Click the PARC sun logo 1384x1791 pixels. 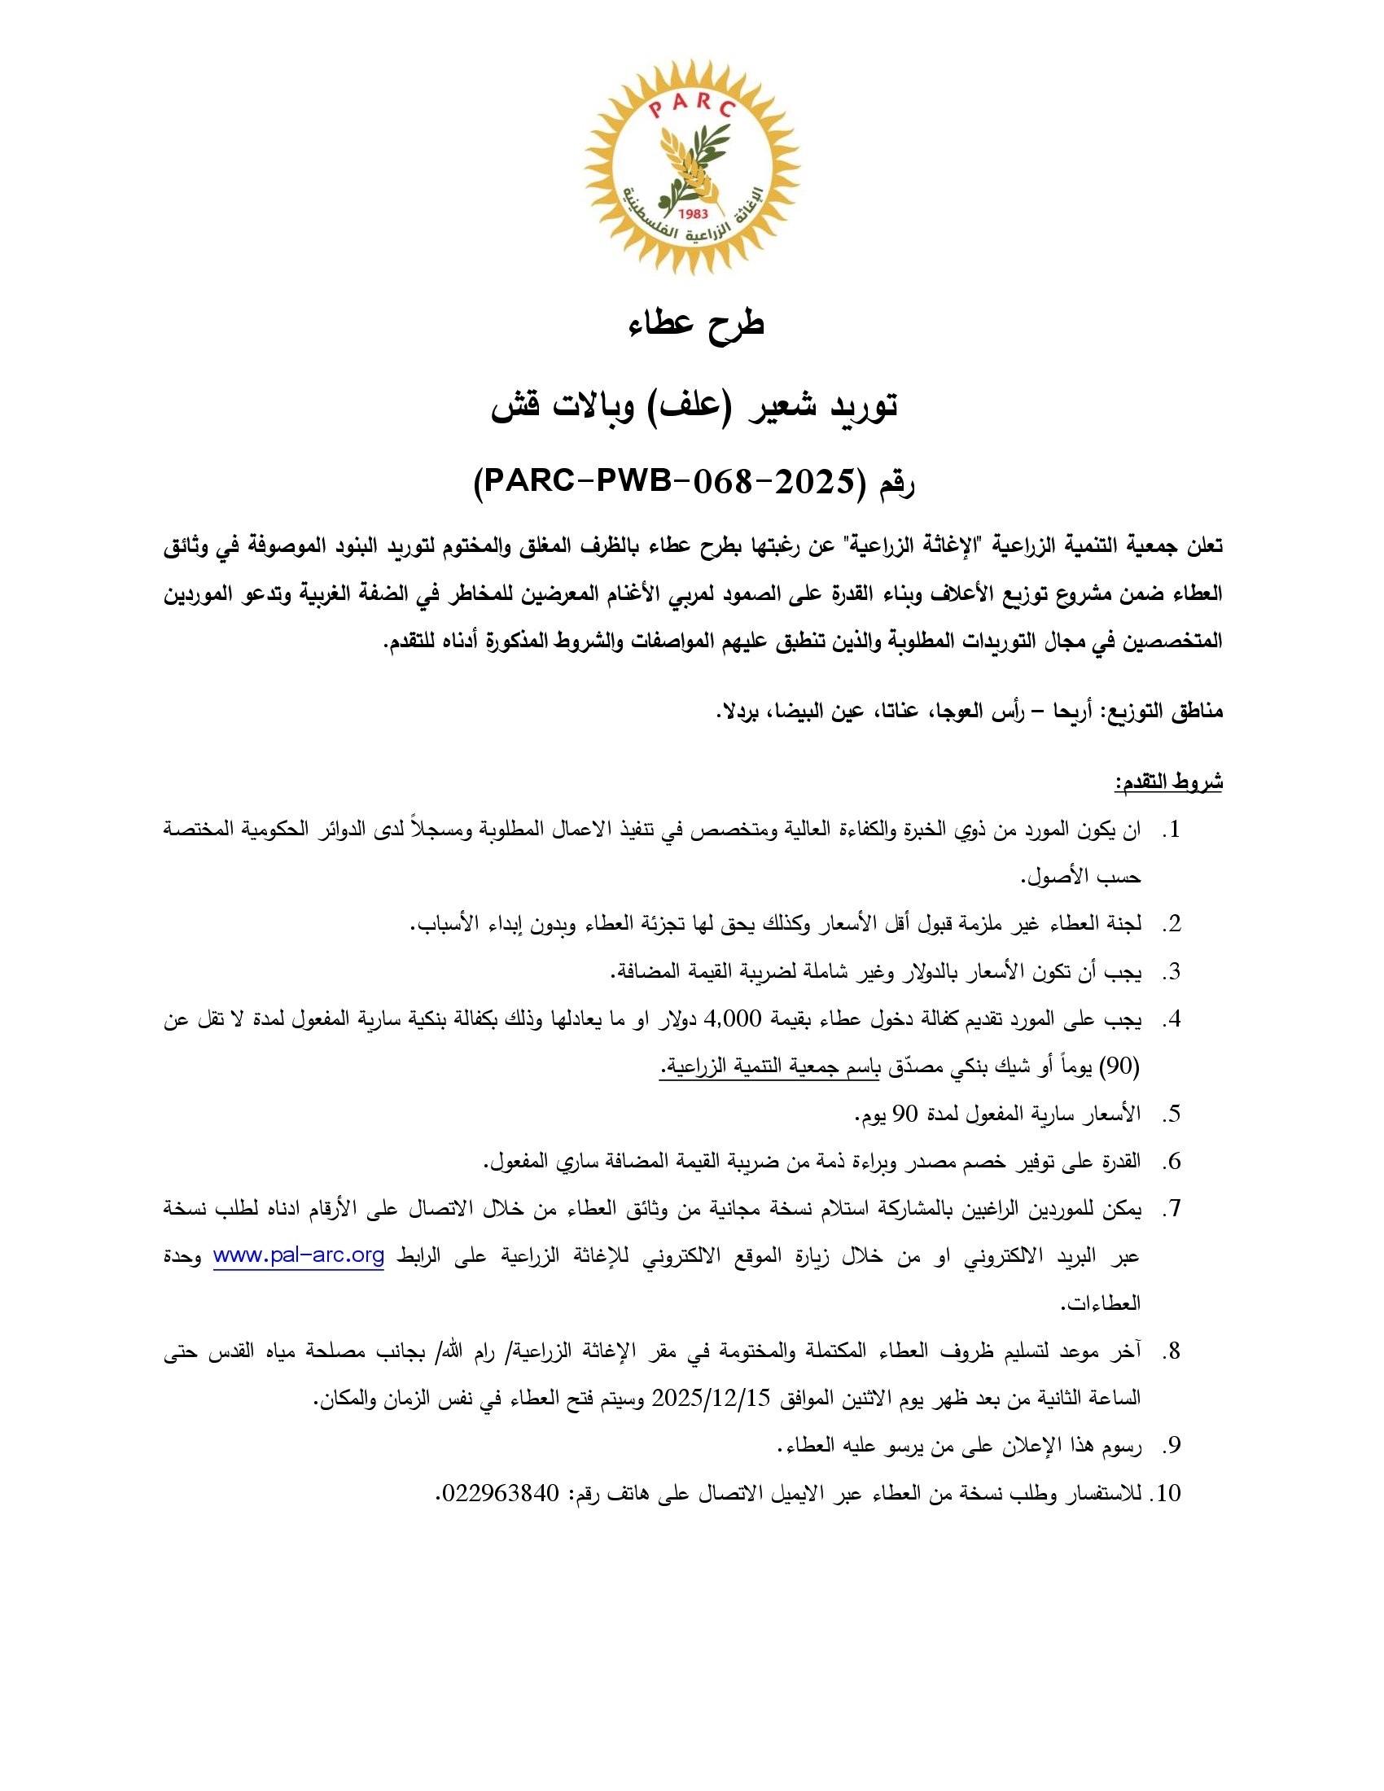pyautogui.click(x=692, y=166)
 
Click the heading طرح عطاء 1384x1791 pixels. pyautogui.click(x=696, y=322)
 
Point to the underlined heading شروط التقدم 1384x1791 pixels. pyautogui.click(x=1168, y=782)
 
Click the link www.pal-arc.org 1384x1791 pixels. pyautogui.click(x=299, y=1255)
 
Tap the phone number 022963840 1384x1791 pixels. pyautogui.click(x=500, y=1493)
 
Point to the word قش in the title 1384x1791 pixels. pyautogui.click(x=510, y=405)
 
